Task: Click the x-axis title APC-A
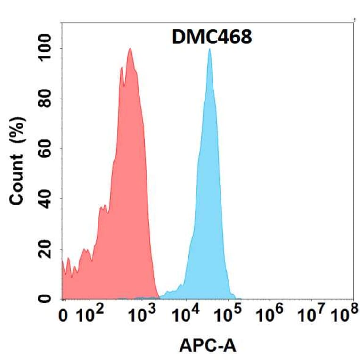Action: (208, 346)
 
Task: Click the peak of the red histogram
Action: (130, 49)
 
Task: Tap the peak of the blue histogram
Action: (209, 49)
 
